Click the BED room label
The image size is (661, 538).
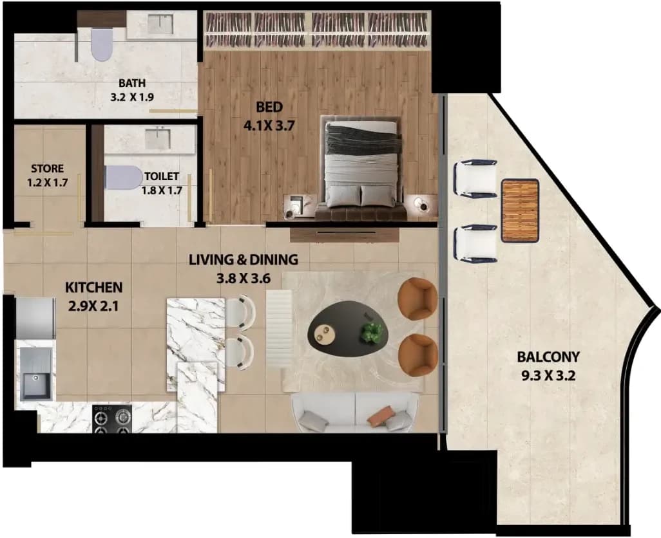tap(269, 107)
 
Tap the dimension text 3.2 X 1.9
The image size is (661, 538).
tap(132, 97)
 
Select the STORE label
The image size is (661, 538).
tap(48, 169)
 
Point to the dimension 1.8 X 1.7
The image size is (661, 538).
tap(162, 190)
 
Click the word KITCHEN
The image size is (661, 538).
tap(93, 288)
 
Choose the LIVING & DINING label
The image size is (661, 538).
tap(244, 259)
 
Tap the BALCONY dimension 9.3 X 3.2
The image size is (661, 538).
tap(548, 375)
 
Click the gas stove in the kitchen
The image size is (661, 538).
tap(112, 419)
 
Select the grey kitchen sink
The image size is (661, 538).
tap(36, 375)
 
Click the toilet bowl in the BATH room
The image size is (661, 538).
tap(102, 44)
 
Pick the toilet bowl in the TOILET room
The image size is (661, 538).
tap(124, 177)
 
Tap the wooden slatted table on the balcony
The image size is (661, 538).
tap(520, 210)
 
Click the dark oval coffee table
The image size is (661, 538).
tap(348, 329)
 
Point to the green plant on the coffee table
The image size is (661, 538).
tap(371, 331)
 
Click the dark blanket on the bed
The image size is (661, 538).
tap(362, 140)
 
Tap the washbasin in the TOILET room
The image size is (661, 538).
tap(158, 139)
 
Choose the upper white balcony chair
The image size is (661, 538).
tap(475, 178)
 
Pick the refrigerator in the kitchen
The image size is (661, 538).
tap(35, 318)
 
